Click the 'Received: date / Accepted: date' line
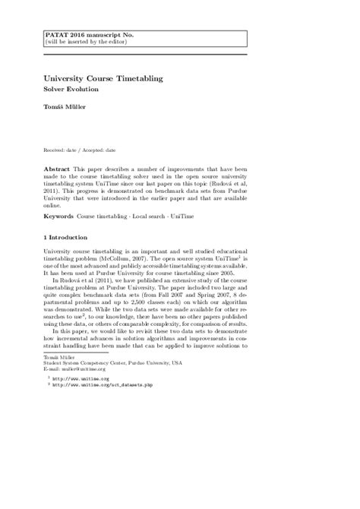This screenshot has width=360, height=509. (85, 152)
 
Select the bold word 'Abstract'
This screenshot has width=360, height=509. (58, 166)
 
